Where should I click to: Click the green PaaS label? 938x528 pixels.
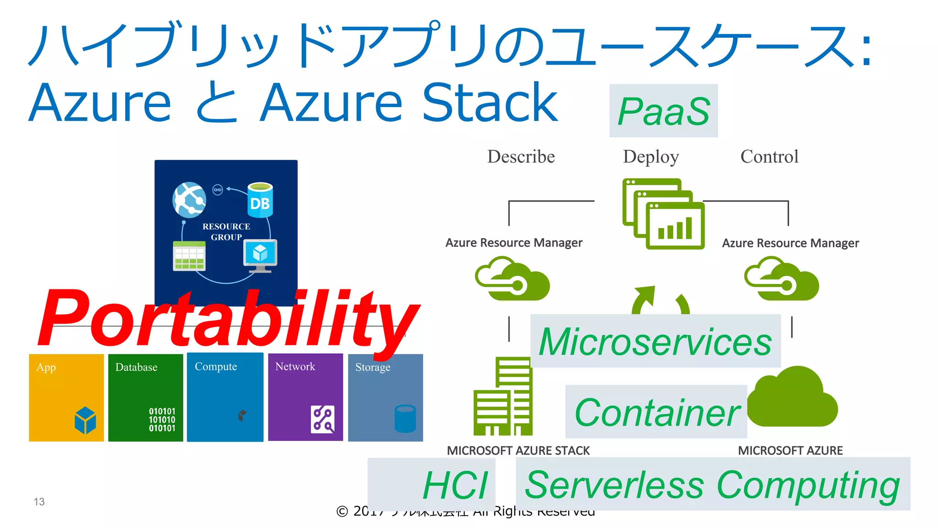coord(663,111)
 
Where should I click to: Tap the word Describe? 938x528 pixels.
coord(521,157)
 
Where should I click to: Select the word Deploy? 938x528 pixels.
coord(651,157)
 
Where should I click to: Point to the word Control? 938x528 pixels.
coord(769,157)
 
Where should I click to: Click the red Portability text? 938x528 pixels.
coord(228,319)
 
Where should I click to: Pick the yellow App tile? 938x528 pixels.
coord(66,397)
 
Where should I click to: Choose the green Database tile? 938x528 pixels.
coord(146,397)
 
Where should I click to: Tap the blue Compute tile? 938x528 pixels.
coord(225,397)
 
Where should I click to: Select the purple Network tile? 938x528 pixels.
coord(305,397)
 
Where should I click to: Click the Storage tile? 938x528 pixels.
coord(385,397)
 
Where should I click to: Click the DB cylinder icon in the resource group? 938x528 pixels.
coord(260,200)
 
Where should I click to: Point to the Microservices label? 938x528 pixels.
coord(655,341)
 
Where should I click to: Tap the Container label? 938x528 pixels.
coord(657,412)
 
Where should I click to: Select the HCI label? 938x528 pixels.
coord(455,484)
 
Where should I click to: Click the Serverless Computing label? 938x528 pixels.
coord(713,484)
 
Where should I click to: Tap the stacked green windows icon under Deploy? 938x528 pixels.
coord(663,214)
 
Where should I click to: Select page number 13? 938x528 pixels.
coord(39,502)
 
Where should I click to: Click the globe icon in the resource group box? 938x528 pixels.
coord(189,200)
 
